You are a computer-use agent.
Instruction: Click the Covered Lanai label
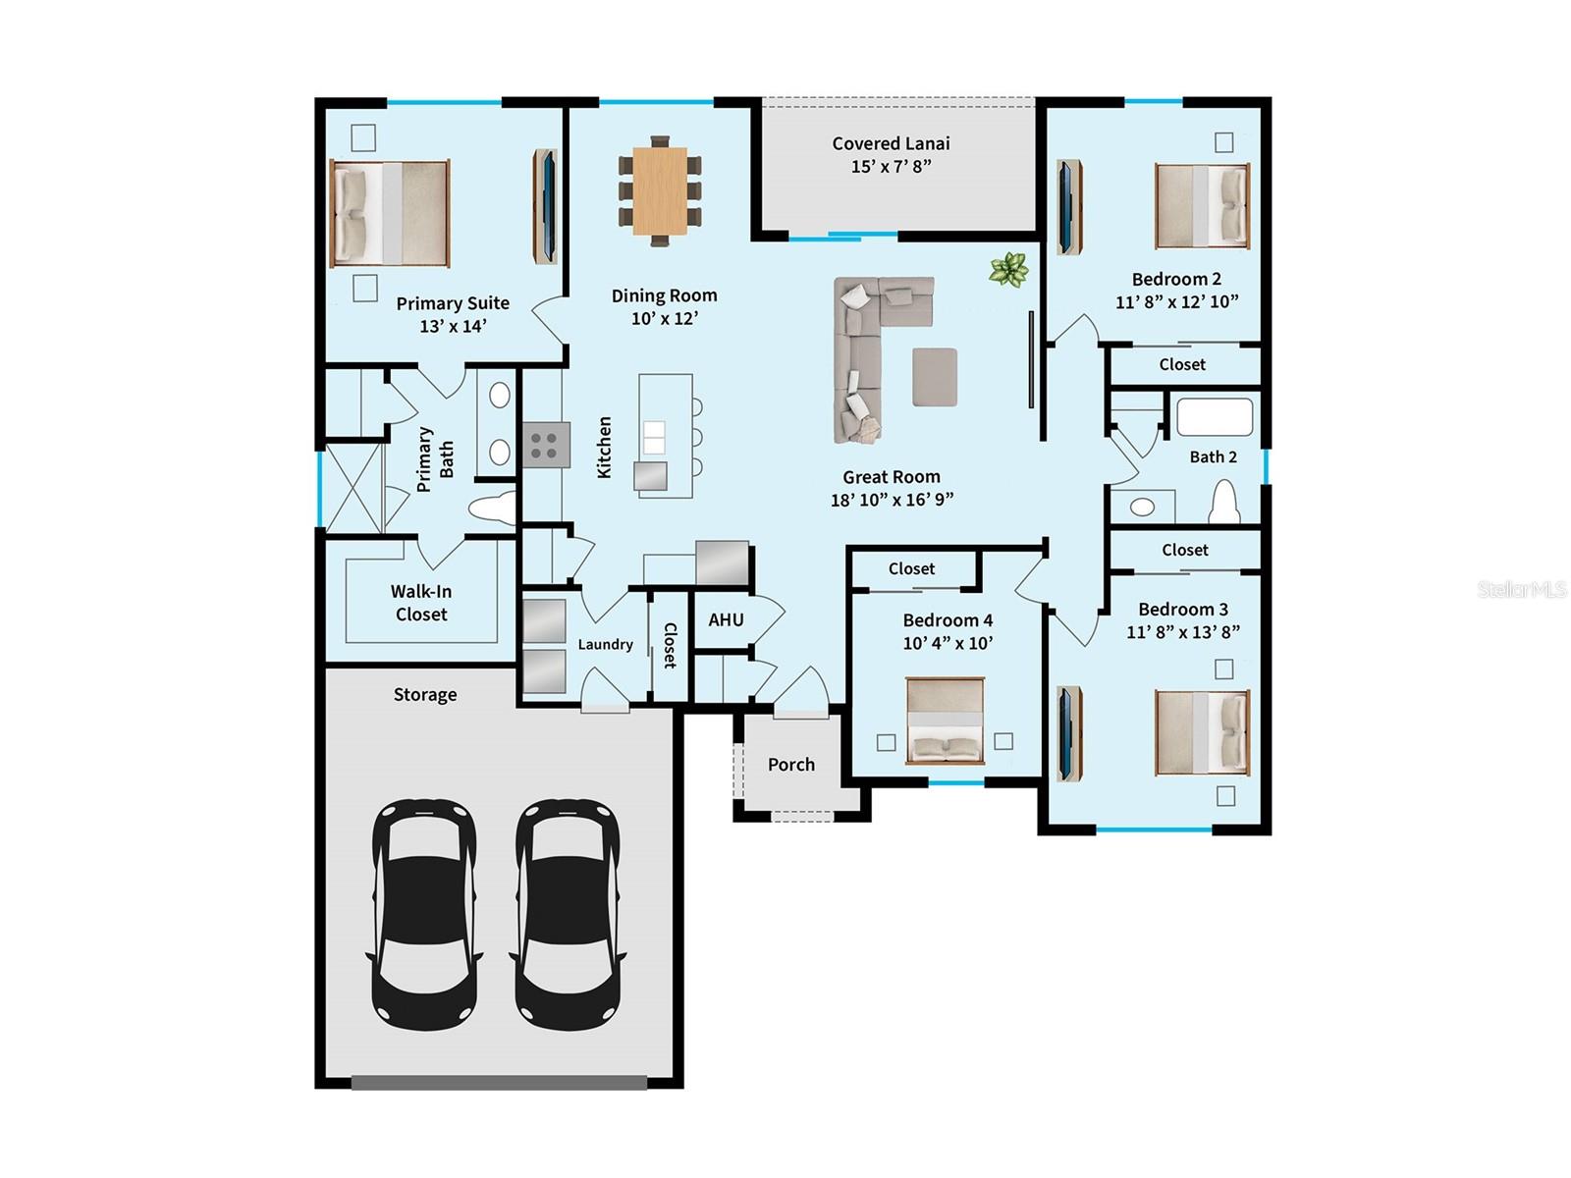click(891, 143)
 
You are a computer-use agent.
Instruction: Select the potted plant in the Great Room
click(1009, 268)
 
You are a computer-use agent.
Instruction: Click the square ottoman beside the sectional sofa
click(935, 377)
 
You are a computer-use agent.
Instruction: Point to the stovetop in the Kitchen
click(546, 444)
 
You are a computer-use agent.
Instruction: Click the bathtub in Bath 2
click(1215, 416)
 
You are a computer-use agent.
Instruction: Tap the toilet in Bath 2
click(1223, 503)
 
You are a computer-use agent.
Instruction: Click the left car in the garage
click(424, 913)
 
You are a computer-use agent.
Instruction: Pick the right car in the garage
click(567, 913)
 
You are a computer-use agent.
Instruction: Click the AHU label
click(726, 619)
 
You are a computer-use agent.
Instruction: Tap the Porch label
click(790, 765)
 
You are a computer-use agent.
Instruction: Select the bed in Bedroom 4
click(945, 721)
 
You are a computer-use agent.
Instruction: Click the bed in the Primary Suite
click(390, 213)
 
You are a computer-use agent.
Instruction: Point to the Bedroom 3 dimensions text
click(1182, 632)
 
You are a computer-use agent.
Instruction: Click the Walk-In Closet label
click(420, 603)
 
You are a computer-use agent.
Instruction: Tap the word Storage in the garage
click(424, 695)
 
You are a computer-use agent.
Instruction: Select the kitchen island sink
click(653, 436)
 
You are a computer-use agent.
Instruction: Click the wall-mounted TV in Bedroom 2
click(1065, 207)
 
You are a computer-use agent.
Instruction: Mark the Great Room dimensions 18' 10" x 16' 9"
click(891, 500)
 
